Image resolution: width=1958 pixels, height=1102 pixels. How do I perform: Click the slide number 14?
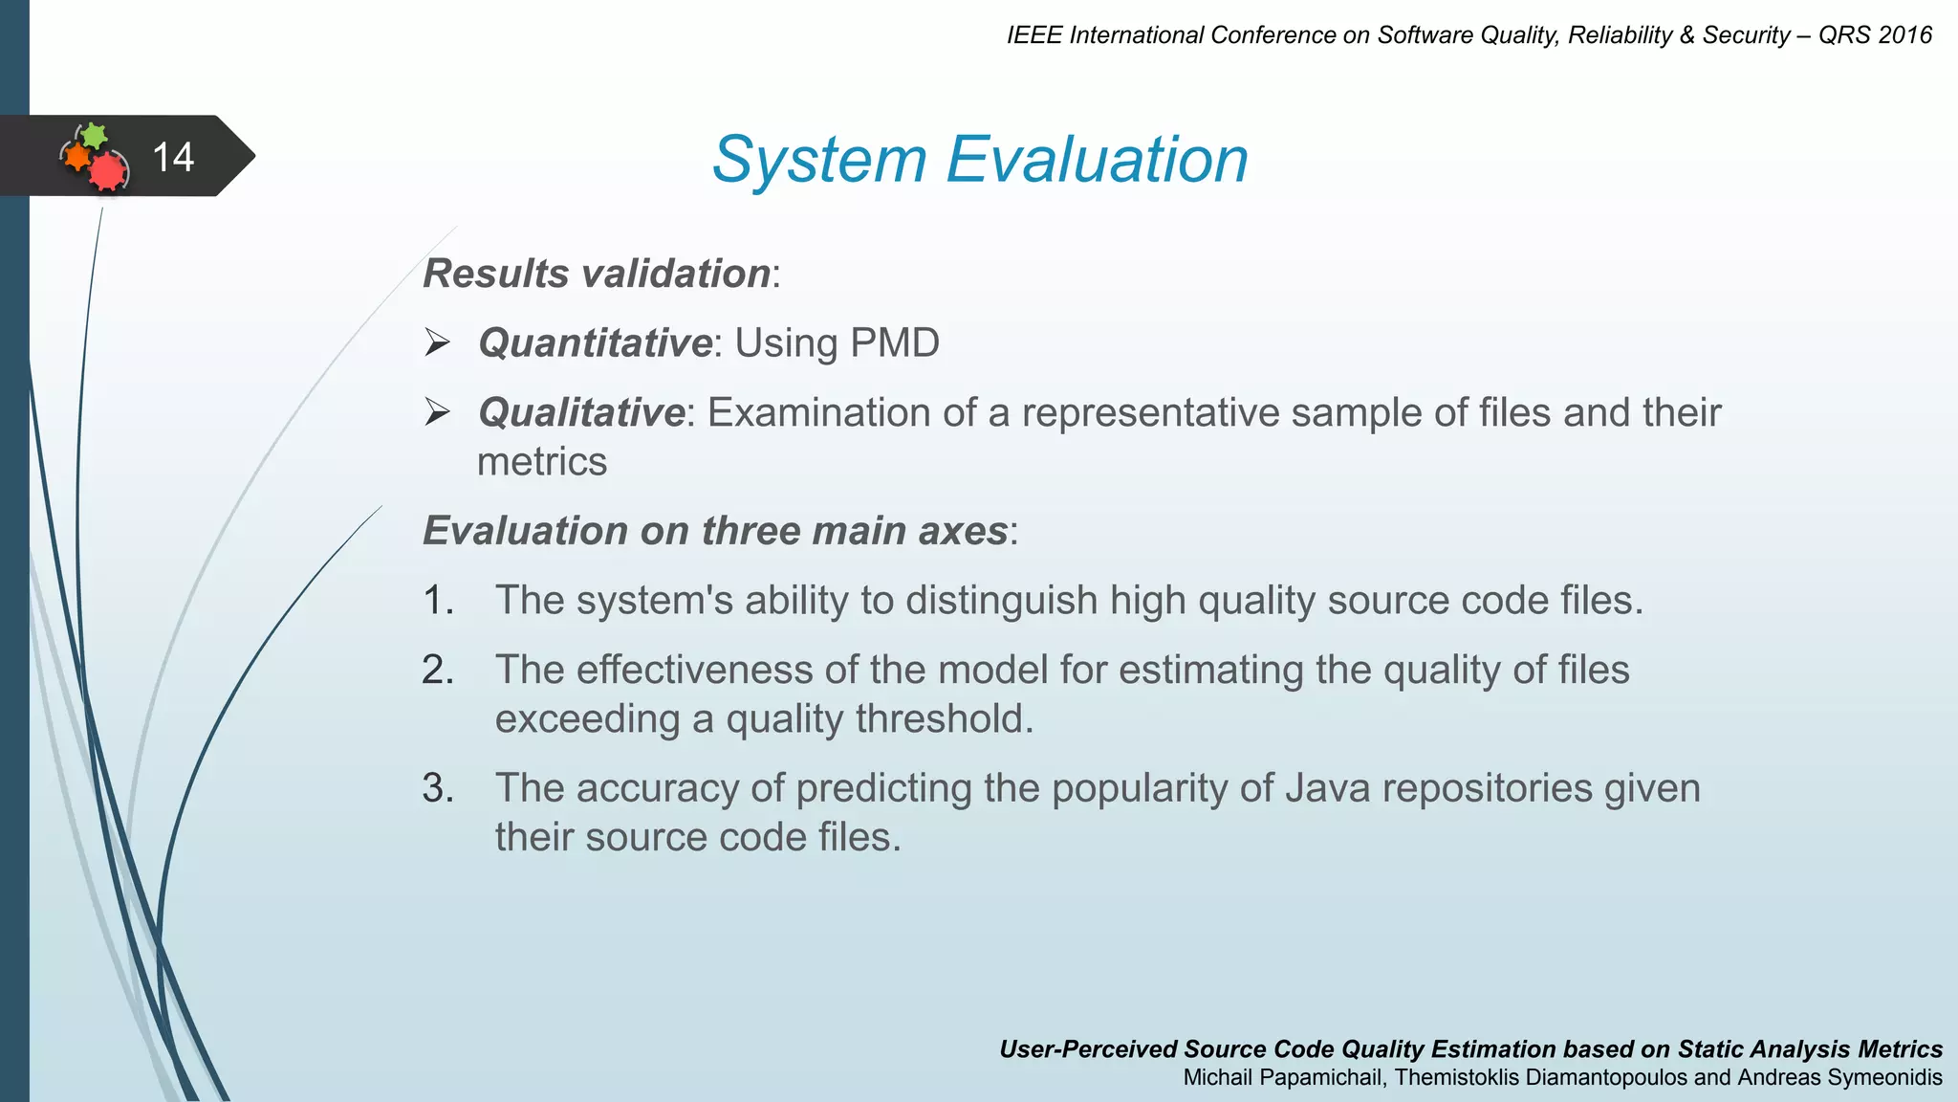(x=173, y=157)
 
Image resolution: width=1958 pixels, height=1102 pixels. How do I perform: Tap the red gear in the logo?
(x=108, y=172)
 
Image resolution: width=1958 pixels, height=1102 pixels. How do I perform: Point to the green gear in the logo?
(x=93, y=135)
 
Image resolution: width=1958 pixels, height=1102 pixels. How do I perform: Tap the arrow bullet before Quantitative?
(x=438, y=342)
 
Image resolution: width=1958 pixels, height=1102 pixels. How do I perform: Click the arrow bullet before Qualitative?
(x=438, y=412)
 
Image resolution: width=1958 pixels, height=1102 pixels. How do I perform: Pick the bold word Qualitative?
(x=581, y=412)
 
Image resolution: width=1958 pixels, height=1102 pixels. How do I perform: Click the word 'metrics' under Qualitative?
(x=541, y=462)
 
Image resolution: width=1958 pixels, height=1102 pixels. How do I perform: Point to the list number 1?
(x=437, y=600)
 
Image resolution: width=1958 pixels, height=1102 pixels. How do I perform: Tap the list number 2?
(x=437, y=670)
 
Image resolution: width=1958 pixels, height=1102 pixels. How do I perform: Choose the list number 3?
(x=437, y=788)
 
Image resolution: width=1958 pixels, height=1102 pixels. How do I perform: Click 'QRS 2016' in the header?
(x=1875, y=35)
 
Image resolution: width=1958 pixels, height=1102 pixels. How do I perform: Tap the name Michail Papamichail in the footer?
(x=1284, y=1078)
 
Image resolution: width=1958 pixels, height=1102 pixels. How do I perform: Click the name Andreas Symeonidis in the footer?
(x=1839, y=1078)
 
